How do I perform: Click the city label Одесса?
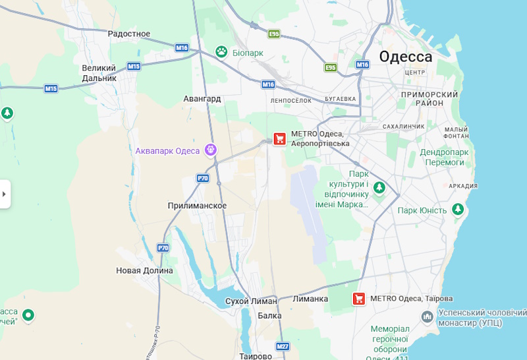405,57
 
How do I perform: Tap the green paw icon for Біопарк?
222,51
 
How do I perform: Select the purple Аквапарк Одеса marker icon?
211,150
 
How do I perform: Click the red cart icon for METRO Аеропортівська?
280,138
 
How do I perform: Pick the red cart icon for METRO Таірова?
359,299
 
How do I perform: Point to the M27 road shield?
283,346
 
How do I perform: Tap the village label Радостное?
129,34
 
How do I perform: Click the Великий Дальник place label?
99,73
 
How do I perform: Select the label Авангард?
202,98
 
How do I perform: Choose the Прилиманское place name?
197,206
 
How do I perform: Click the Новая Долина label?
144,270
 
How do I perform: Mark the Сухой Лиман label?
251,301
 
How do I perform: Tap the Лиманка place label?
310,299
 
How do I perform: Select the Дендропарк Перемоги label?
444,157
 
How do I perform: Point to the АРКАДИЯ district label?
462,186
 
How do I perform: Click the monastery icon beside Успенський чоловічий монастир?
428,318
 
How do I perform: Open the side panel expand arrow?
5,194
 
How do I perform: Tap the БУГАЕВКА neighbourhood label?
340,99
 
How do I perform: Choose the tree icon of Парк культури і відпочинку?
379,188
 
